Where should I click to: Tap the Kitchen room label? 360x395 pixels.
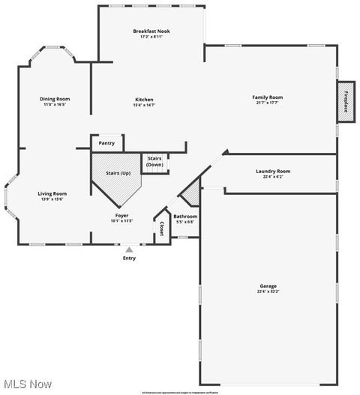[x=144, y=100]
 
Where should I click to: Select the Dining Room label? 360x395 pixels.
[x=55, y=99]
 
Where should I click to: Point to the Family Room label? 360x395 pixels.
[x=267, y=97]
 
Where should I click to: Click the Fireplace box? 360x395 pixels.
[x=346, y=101]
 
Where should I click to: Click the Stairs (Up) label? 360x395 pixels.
[x=118, y=173]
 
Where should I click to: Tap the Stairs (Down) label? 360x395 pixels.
[x=155, y=161]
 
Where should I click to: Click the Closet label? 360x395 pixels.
[x=160, y=230]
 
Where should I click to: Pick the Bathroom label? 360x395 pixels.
[x=185, y=217]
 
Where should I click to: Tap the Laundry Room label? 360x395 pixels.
[x=272, y=171]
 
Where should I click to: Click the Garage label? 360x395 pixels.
[x=268, y=286]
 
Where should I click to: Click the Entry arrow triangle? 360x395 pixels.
[x=130, y=250]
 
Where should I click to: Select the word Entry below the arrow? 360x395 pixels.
[x=130, y=259]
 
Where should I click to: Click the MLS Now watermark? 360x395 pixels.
[x=27, y=384]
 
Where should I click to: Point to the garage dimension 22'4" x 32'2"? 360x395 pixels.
[x=268, y=292]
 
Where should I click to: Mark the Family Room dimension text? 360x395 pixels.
[x=267, y=103]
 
